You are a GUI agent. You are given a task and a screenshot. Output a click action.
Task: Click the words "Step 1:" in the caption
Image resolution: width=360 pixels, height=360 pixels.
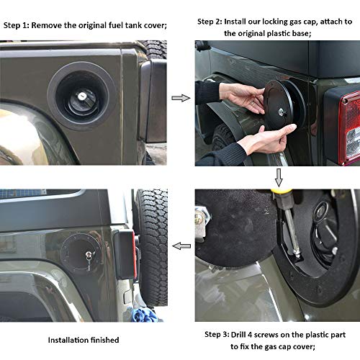[18, 25]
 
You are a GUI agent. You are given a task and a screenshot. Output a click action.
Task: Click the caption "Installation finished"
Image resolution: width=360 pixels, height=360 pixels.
[84, 339]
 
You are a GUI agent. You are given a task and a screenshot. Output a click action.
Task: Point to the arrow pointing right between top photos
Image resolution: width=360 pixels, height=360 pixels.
[180, 97]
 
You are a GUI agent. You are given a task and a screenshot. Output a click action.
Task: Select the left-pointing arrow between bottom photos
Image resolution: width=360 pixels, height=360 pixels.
[181, 246]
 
